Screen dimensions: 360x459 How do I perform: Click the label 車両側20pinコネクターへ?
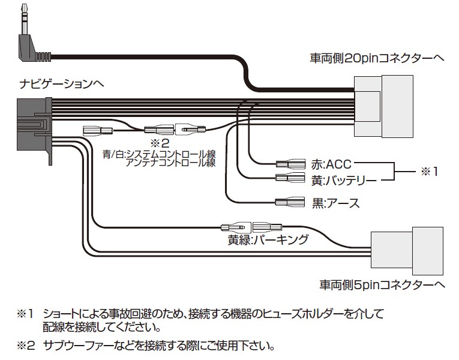(376, 58)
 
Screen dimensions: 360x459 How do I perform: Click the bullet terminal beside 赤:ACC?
(290, 163)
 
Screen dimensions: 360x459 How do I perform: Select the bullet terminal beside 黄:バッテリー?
(290, 178)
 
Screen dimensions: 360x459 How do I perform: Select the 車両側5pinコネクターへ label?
(381, 283)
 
